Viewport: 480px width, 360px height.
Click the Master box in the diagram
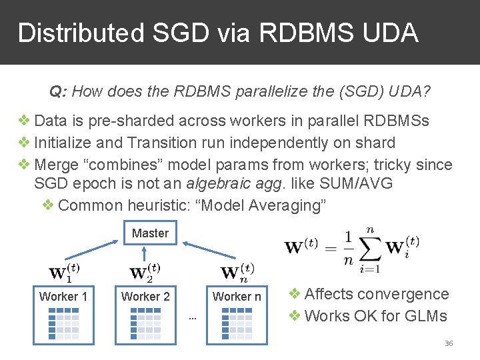click(150, 233)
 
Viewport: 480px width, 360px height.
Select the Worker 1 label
click(63, 297)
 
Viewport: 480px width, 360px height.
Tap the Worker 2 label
click(145, 297)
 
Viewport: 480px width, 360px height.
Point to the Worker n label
click(237, 297)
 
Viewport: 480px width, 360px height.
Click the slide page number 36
click(449, 343)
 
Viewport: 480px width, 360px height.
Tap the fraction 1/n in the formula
click(348, 247)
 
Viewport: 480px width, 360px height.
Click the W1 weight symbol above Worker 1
click(65, 272)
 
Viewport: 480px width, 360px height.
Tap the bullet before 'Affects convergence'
click(295, 294)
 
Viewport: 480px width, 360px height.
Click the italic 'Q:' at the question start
click(58, 91)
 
